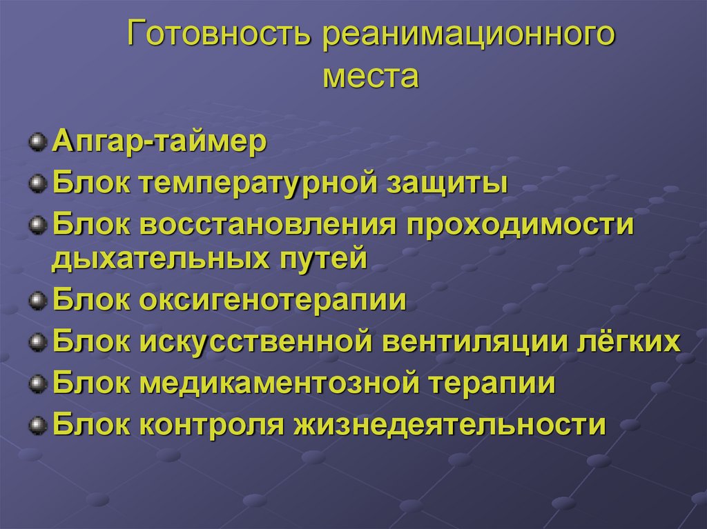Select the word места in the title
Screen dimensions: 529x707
point(370,75)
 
